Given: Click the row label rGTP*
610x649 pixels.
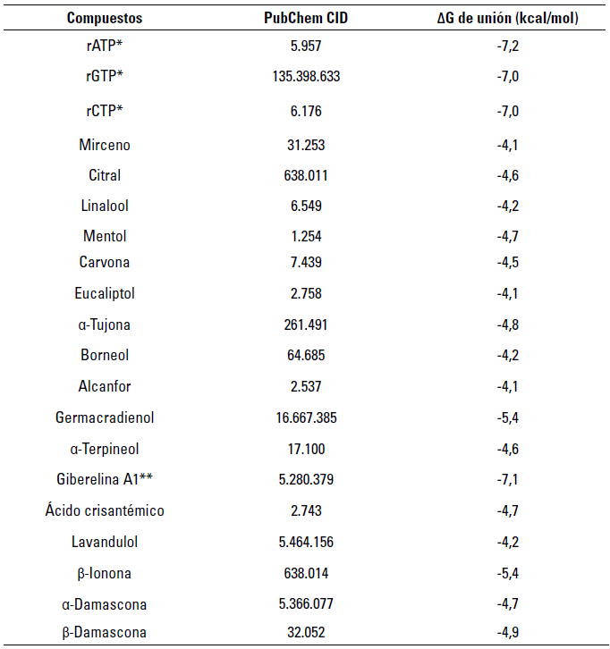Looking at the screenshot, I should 104,77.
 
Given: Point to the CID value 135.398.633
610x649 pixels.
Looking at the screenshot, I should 306,77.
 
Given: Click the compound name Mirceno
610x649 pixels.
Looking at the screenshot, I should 104,145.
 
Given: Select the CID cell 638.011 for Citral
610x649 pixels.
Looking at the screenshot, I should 306,175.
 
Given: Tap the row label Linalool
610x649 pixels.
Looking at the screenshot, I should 104,206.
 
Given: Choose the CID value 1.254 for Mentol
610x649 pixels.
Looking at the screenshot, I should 306,236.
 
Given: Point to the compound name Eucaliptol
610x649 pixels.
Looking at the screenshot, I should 104,293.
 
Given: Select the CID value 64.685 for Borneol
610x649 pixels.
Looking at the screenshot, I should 306,355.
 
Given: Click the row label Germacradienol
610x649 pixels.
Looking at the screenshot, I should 104,417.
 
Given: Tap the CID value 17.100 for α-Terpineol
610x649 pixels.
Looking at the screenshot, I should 306,448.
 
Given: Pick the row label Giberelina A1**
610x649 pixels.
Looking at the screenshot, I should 104,479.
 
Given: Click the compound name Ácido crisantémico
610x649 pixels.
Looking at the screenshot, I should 104,510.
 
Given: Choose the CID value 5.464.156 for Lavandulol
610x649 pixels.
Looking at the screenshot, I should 306,542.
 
